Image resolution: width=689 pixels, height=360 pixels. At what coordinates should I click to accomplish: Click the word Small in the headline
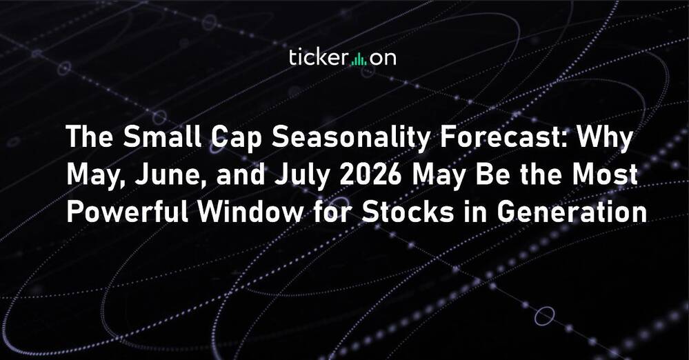[x=161, y=138]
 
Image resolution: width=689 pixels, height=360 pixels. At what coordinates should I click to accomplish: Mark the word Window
[x=250, y=212]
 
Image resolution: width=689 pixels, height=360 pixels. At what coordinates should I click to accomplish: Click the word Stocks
[x=407, y=212]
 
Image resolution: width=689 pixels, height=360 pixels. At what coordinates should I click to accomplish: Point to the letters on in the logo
[x=383, y=59]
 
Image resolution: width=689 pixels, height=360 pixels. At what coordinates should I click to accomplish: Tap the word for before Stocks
[x=332, y=212]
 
